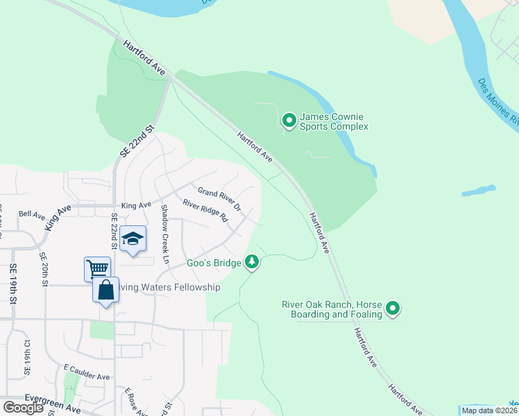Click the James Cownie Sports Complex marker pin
289,121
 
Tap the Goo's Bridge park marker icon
252,262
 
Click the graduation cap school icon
133,239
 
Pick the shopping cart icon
97,268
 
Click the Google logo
23,408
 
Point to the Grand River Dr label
219,199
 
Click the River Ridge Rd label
205,211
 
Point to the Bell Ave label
31,214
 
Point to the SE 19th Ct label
28,358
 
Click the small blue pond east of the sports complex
479,190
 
